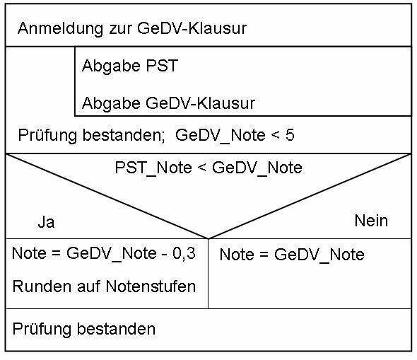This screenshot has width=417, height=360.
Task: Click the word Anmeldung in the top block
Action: click(x=60, y=28)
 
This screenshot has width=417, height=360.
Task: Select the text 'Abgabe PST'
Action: click(x=130, y=66)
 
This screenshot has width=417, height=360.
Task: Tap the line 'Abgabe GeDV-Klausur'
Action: click(x=168, y=103)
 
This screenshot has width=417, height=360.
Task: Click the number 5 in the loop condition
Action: click(x=290, y=135)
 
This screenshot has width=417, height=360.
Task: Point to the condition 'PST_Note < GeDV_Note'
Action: click(x=208, y=168)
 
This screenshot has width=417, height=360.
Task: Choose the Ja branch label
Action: click(x=46, y=222)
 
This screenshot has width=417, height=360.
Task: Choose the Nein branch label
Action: click(x=371, y=221)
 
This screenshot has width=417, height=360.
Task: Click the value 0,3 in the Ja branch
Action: click(x=184, y=253)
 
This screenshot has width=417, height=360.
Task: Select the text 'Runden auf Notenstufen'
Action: click(x=104, y=286)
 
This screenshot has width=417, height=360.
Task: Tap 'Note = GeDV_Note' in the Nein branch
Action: click(x=292, y=255)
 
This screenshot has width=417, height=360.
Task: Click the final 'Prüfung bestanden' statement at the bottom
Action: click(x=84, y=329)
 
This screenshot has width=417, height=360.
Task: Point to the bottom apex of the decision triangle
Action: click(x=208, y=238)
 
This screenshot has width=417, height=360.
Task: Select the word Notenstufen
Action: click(x=151, y=286)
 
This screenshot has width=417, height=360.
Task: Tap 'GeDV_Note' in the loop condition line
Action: click(x=221, y=135)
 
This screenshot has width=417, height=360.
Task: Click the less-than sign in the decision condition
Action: click(x=202, y=168)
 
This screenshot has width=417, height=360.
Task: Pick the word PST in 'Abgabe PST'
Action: click(x=162, y=66)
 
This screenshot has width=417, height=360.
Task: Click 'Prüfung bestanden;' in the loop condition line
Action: click(x=91, y=135)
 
